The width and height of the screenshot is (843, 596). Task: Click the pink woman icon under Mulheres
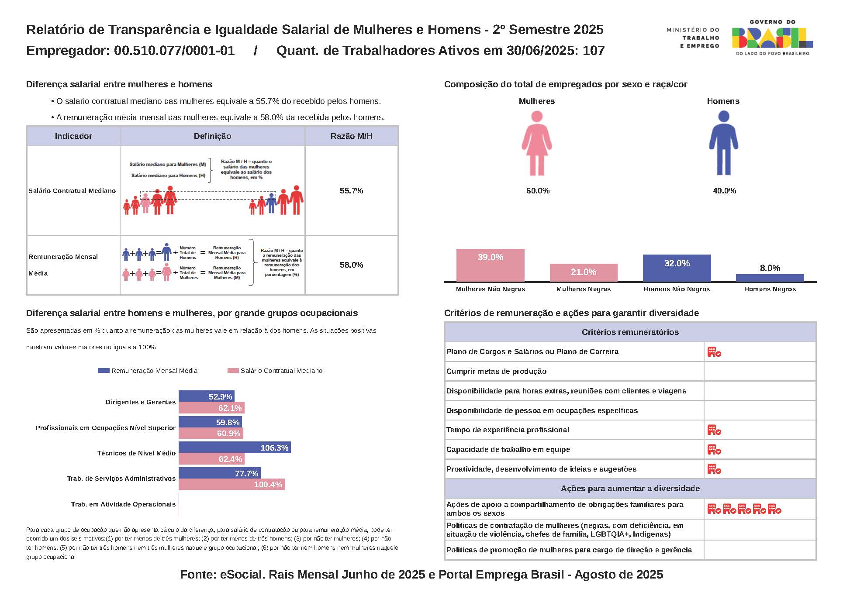click(x=537, y=143)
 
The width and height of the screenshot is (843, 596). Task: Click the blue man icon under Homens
click(x=723, y=143)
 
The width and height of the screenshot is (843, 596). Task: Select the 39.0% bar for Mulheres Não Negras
click(x=490, y=265)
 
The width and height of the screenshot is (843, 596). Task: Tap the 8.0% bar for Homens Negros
click(x=770, y=278)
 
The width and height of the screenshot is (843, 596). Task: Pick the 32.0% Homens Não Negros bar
click(x=677, y=268)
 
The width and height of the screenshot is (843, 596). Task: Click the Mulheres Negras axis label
click(x=583, y=289)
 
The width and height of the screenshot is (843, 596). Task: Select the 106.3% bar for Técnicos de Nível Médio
click(x=235, y=448)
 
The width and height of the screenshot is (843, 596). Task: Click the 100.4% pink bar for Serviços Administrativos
click(x=231, y=484)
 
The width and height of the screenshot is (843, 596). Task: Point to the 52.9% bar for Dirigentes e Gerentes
click(x=206, y=396)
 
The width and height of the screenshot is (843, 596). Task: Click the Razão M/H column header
click(x=351, y=136)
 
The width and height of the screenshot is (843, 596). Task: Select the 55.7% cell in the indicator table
click(x=351, y=191)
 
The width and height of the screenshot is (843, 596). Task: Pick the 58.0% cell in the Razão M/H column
click(x=351, y=265)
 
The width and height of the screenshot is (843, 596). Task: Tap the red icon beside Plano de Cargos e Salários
click(x=714, y=352)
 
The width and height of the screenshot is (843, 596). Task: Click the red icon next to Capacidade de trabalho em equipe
click(x=714, y=450)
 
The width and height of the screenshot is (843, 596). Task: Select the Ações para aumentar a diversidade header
click(x=630, y=489)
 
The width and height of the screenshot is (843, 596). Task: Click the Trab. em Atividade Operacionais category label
click(x=123, y=504)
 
